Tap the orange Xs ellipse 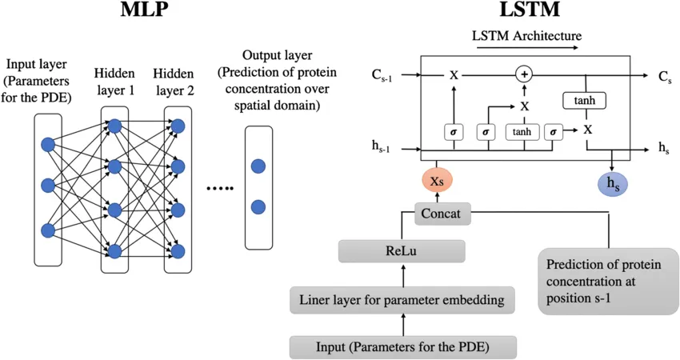437,182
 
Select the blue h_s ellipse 613,183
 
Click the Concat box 443,214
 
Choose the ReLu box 402,251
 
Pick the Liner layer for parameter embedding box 402,301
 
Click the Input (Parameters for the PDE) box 402,346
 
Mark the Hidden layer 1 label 114,82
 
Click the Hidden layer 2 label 174,82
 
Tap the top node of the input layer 47,145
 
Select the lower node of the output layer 258,206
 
